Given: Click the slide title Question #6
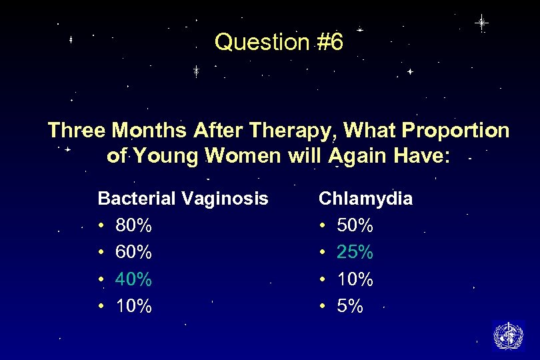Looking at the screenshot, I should coord(279,43).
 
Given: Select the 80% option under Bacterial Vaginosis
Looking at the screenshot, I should coord(133,226).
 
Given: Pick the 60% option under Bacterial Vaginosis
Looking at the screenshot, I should coord(133,253).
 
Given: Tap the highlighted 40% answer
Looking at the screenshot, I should coord(133,279).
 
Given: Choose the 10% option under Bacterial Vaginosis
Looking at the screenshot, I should coord(133,306).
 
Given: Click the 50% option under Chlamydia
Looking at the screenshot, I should coord(355,226).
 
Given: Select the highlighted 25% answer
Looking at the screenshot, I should coord(355,253).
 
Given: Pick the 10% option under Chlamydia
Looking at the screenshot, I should coord(355,279).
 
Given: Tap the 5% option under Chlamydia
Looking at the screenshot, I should coord(350,306).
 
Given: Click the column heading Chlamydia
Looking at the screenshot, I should coord(365,199).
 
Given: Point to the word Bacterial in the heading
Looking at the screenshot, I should coord(137,199).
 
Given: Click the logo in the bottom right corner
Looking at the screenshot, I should coord(508,335).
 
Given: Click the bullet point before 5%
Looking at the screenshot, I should coord(323,307).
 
